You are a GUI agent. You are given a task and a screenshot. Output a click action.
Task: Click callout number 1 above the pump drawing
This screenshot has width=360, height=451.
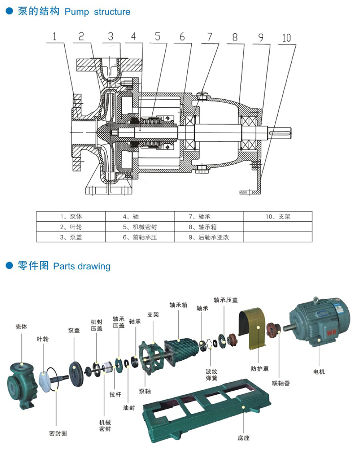(55, 37)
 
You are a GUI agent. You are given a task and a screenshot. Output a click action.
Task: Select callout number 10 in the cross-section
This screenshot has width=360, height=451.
(286, 38)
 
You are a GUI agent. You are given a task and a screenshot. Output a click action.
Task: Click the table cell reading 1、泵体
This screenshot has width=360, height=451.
(71, 216)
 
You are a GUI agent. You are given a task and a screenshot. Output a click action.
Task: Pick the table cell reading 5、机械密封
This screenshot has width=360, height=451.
(140, 227)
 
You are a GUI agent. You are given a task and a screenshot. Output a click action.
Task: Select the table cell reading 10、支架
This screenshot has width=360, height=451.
(278, 216)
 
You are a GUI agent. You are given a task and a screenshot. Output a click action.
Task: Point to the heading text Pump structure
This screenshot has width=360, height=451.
(98, 12)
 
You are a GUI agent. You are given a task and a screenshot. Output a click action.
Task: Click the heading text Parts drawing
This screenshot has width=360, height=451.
(82, 266)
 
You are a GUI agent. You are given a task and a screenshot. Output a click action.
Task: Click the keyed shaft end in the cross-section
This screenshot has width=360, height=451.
(282, 131)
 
